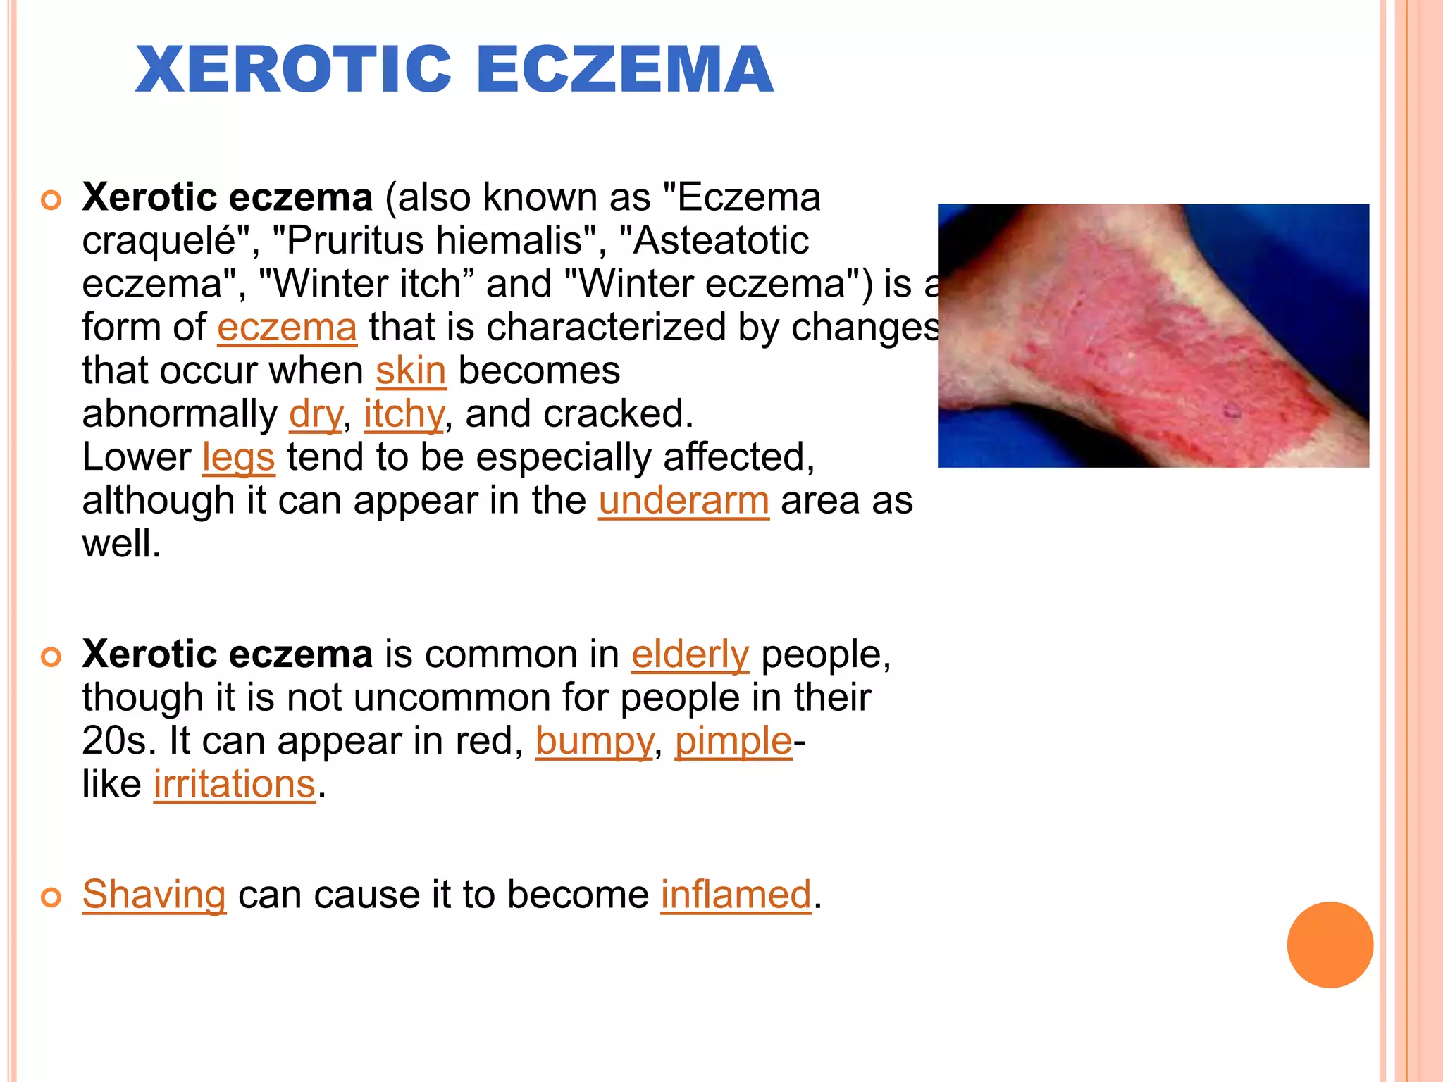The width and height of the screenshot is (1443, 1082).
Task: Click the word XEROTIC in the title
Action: (x=293, y=69)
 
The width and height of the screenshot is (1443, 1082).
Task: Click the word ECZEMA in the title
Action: (x=625, y=69)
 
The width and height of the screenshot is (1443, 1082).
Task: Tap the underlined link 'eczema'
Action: (x=287, y=328)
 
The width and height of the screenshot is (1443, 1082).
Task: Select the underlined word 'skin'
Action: (x=411, y=371)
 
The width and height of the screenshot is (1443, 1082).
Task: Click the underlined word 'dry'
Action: (x=316, y=414)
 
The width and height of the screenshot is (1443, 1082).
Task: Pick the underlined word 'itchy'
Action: (x=404, y=414)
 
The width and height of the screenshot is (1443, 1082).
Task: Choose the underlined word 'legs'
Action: (x=238, y=458)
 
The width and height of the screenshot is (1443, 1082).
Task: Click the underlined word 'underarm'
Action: (x=683, y=501)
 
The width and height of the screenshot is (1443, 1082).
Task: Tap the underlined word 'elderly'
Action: (x=690, y=654)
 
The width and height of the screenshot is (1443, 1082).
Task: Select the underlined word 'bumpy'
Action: (x=594, y=741)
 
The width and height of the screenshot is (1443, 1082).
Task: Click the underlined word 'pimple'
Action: (x=733, y=741)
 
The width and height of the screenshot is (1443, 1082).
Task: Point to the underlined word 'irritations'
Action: (x=235, y=784)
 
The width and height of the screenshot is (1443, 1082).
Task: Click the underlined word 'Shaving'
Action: (x=154, y=895)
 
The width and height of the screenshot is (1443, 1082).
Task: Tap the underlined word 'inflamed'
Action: (x=736, y=895)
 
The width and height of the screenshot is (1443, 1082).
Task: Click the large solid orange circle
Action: (x=1330, y=945)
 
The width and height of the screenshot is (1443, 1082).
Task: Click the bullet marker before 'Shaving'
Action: (x=51, y=897)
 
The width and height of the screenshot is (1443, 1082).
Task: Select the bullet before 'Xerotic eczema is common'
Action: (x=51, y=657)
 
